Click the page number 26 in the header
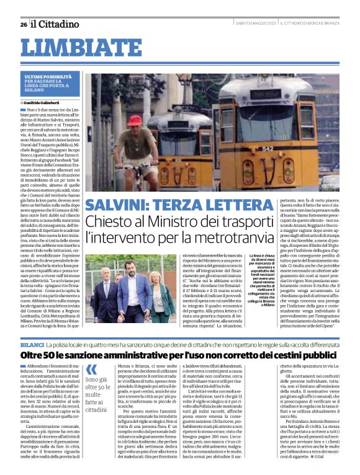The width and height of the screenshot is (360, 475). point(24,24)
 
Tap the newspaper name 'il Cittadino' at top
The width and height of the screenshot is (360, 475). point(55,24)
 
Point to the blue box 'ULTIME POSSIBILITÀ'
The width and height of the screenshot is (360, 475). point(52,82)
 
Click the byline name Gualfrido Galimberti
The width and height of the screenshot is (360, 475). point(47,102)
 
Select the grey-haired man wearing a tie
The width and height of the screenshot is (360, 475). point(102,291)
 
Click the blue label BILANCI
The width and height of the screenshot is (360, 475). point(32,344)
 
